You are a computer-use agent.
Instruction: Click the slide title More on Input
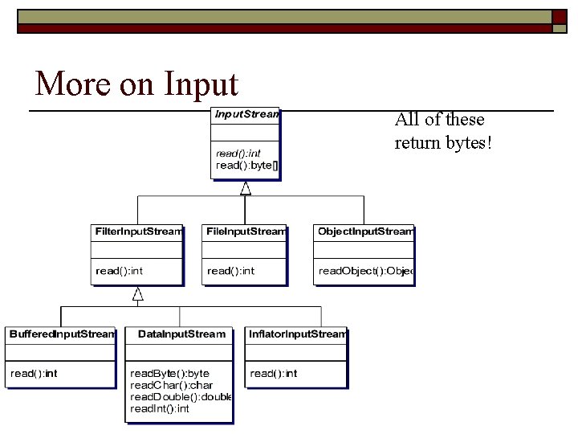tap(136, 84)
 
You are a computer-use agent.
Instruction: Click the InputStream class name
tap(246, 114)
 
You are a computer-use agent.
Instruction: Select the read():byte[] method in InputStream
tap(246, 166)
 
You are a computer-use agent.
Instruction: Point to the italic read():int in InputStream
tap(238, 154)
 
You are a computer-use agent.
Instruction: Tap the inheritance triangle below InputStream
tap(246, 188)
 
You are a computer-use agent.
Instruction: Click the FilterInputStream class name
tap(139, 231)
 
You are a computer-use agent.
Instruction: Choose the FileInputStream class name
tap(245, 231)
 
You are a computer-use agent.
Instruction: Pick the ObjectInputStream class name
tap(365, 231)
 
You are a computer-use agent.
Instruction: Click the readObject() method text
tap(365, 271)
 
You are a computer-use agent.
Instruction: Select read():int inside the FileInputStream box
tap(230, 271)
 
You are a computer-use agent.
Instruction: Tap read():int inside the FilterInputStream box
tap(119, 271)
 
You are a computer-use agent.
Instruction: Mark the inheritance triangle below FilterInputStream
tap(138, 293)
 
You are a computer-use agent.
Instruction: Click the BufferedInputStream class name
tap(62, 334)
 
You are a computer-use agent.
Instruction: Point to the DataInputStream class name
tap(182, 334)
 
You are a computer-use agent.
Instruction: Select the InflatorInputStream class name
tap(297, 334)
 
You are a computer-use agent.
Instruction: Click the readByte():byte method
tap(169, 374)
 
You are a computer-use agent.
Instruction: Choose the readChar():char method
tap(171, 386)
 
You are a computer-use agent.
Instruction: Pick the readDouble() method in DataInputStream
tap(181, 397)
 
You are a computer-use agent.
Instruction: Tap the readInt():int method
tap(160, 409)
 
